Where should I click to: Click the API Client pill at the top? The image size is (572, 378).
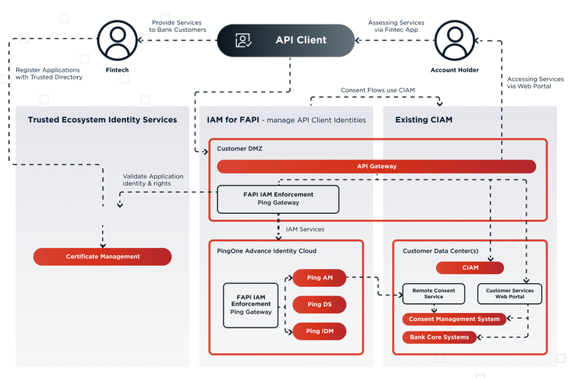286,40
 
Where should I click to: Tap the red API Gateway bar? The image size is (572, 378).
376,166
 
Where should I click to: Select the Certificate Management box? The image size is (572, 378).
102,257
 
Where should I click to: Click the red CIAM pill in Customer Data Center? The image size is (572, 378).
469,268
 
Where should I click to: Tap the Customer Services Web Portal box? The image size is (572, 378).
509,294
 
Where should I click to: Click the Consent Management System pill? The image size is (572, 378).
454,319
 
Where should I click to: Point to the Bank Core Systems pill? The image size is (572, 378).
439,337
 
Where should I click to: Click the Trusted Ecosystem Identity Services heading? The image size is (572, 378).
102,120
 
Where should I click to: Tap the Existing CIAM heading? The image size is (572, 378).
424,120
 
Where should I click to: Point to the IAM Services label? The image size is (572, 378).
305,229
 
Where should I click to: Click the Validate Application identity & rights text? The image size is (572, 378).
153,180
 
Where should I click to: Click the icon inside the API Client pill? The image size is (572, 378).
243,40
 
